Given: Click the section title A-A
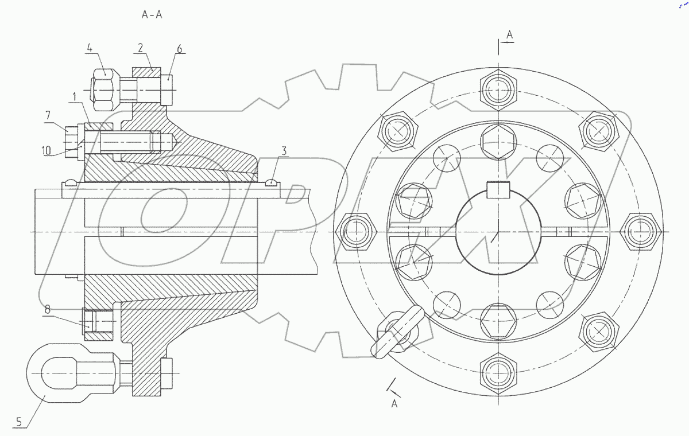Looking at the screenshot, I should tap(152, 15).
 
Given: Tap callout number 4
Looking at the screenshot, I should tap(89, 48).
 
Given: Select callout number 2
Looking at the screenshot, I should tap(140, 48).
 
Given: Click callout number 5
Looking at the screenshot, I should tap(19, 423).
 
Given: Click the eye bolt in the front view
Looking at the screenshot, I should tap(397, 333).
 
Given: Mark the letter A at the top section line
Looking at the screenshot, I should tap(509, 36).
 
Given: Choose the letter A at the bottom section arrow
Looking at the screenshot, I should tap(394, 404).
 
